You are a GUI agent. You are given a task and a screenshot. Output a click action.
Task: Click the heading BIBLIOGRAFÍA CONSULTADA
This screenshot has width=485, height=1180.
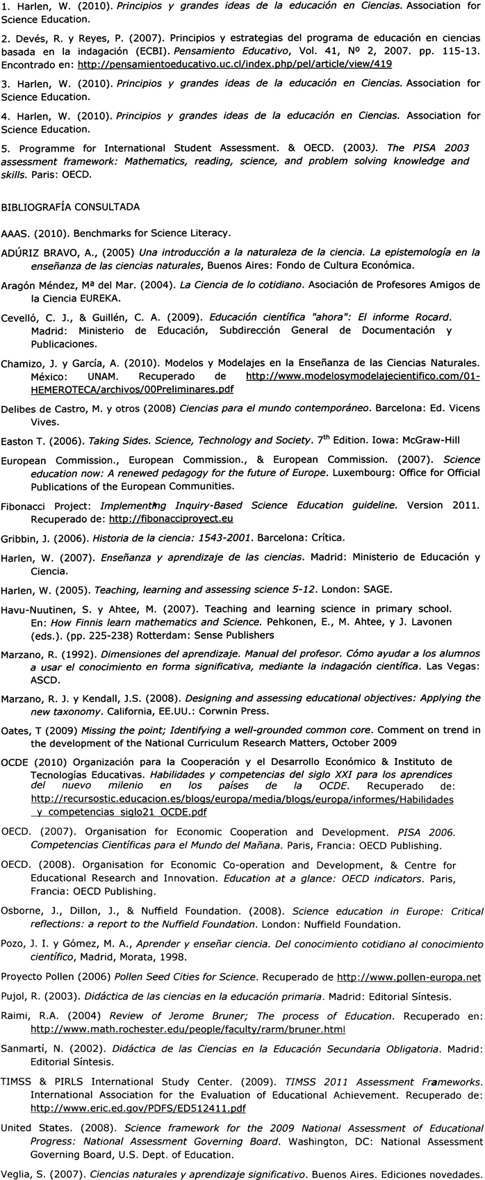(70, 206)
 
